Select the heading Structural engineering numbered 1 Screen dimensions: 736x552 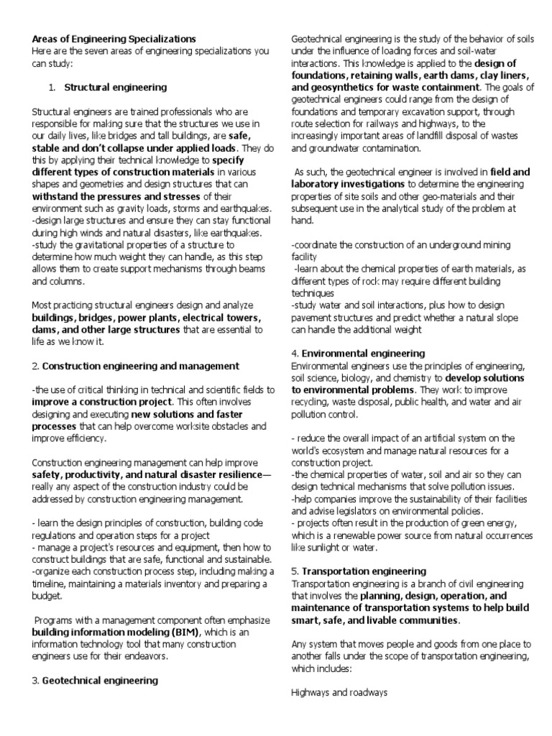tap(116, 87)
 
